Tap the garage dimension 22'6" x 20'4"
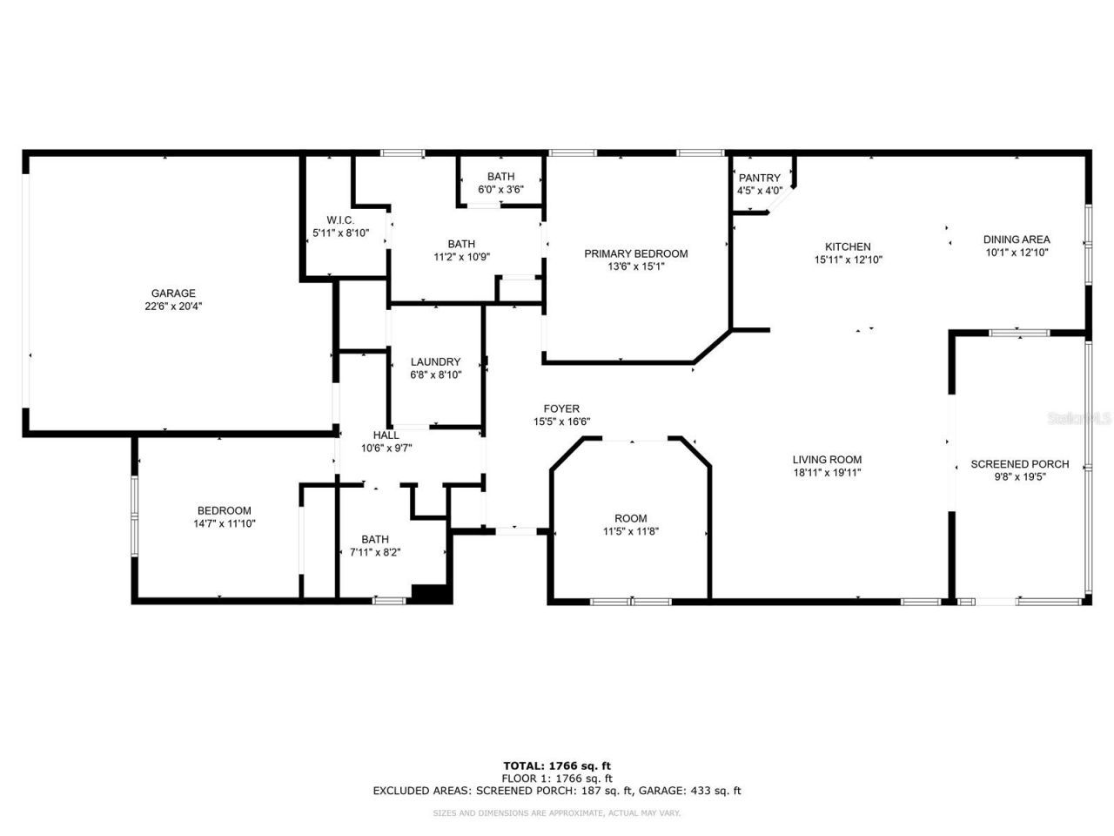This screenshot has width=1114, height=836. [173, 307]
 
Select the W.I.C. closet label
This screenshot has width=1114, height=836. [340, 220]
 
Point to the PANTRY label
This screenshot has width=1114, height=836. [759, 179]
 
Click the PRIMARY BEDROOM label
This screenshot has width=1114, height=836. [635, 254]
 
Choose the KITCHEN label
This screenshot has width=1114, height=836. [848, 246]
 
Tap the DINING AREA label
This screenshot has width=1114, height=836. [1017, 239]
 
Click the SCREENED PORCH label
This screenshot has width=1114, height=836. [1019, 464]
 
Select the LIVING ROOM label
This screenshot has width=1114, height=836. [827, 460]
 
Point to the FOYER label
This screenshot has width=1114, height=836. [561, 408]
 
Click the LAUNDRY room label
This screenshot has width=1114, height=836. [435, 362]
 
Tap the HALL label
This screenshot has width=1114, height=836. [386, 435]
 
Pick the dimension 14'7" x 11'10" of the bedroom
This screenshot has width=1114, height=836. [224, 524]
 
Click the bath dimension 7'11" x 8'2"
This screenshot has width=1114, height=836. [375, 552]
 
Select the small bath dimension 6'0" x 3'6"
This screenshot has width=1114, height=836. [500, 189]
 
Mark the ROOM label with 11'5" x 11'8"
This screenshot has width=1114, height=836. [631, 518]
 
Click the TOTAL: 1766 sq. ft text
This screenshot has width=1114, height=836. [557, 766]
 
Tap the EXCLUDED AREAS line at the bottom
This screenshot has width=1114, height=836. [557, 792]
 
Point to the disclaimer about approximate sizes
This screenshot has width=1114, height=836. [557, 813]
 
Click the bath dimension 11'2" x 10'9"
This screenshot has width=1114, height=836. [461, 257]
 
